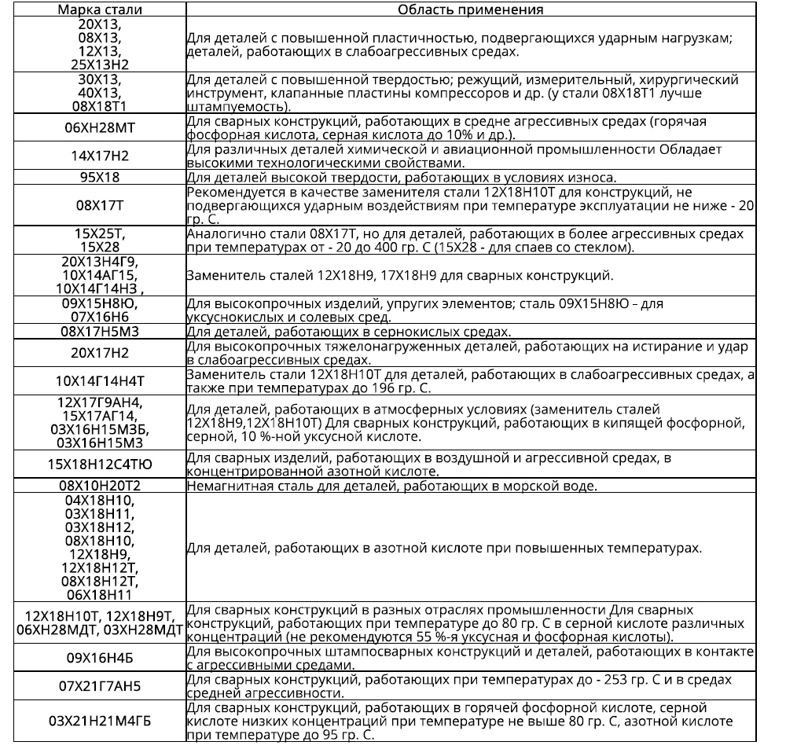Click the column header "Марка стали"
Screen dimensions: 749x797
coord(99,9)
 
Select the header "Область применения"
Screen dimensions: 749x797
coord(470,9)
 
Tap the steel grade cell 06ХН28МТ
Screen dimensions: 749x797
coord(99,128)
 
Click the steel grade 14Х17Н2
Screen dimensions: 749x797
coord(99,156)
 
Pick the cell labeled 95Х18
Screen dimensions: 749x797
coord(99,177)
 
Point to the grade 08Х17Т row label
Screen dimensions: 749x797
coord(99,205)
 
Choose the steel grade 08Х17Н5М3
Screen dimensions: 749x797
coord(99,332)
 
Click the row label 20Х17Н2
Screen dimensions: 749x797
coord(99,353)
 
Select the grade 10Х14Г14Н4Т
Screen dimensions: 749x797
coord(99,381)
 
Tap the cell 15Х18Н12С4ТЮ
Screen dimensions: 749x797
coord(99,464)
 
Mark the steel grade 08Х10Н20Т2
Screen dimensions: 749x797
coord(99,486)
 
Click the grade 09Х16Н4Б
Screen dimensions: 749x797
coord(99,658)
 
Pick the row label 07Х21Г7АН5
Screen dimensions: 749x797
coord(99,686)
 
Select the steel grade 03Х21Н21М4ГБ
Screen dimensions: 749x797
coord(99,721)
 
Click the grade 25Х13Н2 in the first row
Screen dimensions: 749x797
coord(99,63)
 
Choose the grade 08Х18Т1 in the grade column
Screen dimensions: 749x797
coord(99,106)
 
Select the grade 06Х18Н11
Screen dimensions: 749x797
coord(99,594)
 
